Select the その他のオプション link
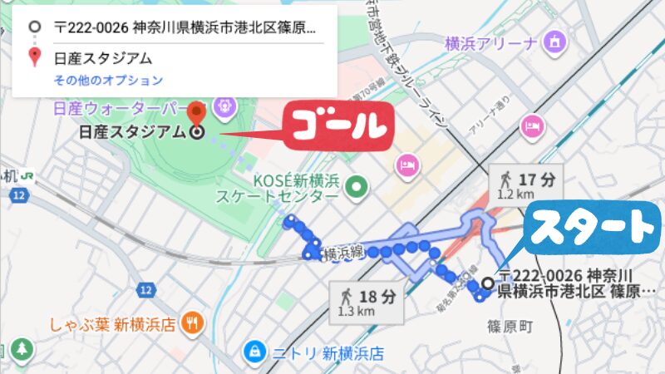108,81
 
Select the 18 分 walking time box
368,301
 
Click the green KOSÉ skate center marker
358,187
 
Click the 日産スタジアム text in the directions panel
103,58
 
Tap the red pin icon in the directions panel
34,57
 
